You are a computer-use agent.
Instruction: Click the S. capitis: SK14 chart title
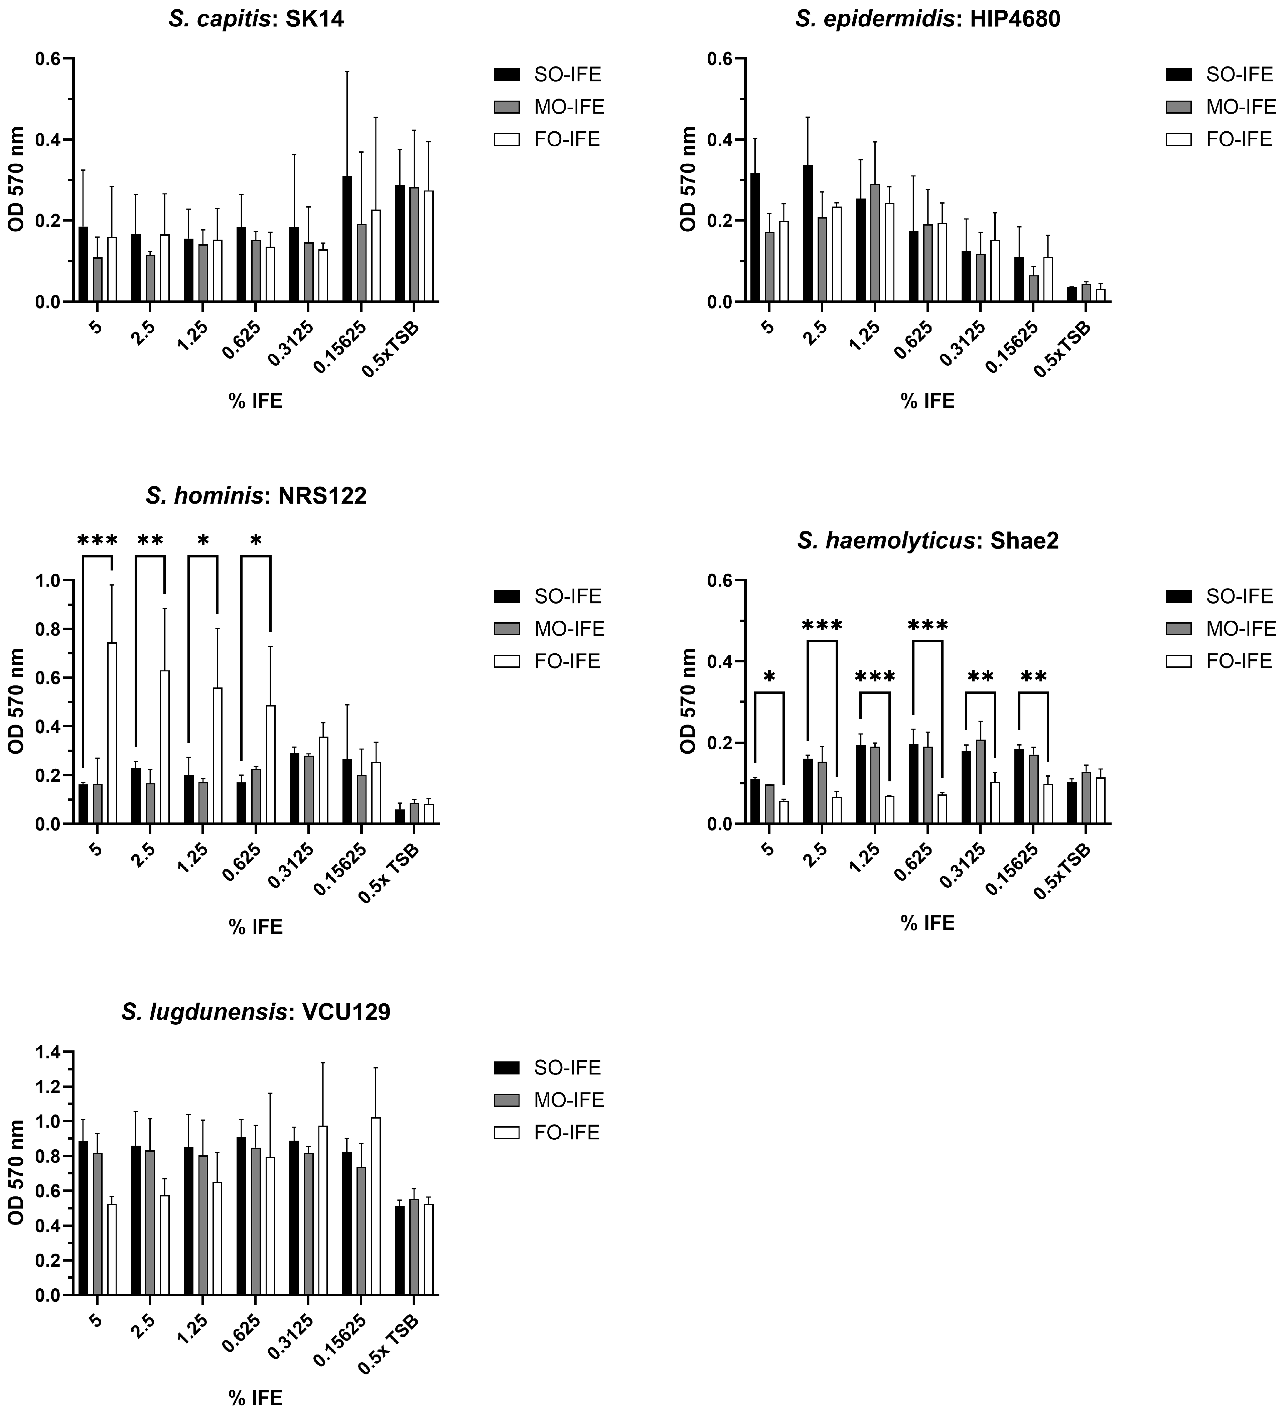(256, 19)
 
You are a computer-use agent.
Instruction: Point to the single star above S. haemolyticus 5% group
(769, 677)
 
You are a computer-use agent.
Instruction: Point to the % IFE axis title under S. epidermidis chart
(927, 401)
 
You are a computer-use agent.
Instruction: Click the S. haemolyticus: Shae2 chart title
(927, 541)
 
